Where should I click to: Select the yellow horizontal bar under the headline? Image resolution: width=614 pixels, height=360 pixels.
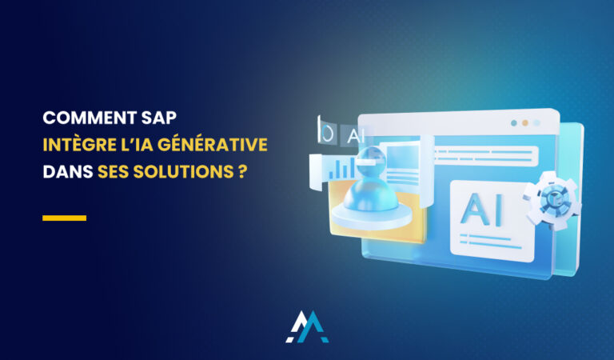pos(64,218)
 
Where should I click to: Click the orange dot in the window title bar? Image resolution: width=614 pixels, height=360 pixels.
pos(524,124)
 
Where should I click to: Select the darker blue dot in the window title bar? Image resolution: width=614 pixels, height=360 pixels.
pos(513,123)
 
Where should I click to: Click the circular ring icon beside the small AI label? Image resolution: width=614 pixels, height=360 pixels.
pos(326,132)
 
